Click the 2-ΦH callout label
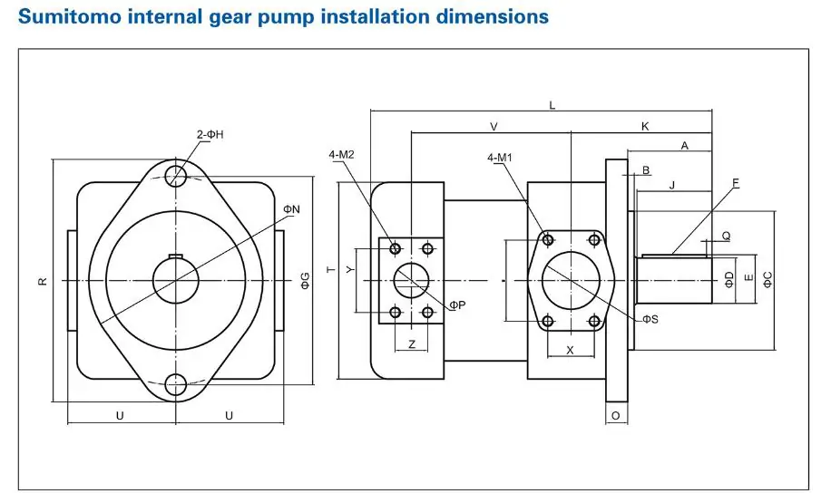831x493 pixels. tap(210, 134)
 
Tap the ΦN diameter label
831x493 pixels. tap(291, 209)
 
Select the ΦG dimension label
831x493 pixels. tap(306, 281)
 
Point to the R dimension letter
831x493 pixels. tap(42, 282)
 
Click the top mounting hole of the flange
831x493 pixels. tap(176, 174)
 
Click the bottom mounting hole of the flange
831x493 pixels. tap(176, 385)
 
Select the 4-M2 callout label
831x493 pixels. tap(342, 155)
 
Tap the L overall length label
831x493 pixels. tap(552, 106)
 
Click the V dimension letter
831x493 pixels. tap(494, 126)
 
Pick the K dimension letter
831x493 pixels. tap(645, 126)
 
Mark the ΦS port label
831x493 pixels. tap(650, 318)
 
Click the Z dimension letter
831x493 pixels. tap(412, 344)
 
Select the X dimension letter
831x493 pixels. tap(570, 349)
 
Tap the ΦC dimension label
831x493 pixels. tap(767, 280)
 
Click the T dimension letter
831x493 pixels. tap(331, 270)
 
